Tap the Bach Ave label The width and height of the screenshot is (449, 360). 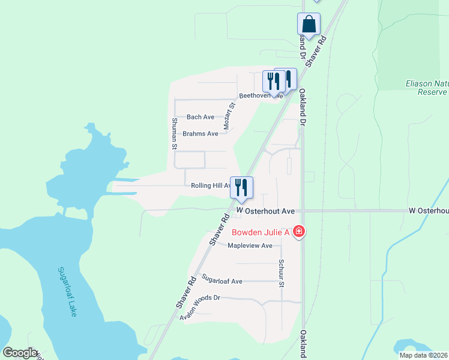(200, 117)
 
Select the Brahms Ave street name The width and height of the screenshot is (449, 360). (200, 134)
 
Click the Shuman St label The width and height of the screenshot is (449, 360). (175, 133)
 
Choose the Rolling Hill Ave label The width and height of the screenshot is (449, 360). (210, 186)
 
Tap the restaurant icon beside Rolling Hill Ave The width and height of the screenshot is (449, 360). (242, 187)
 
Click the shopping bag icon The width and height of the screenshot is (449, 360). (309, 25)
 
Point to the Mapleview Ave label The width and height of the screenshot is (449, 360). (250, 245)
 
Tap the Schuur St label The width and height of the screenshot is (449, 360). (280, 273)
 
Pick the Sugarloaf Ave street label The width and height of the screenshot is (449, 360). (221, 280)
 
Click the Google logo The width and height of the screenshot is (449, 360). (20, 353)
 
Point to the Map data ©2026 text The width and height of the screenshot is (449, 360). (423, 355)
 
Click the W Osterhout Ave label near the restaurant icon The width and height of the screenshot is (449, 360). (266, 211)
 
